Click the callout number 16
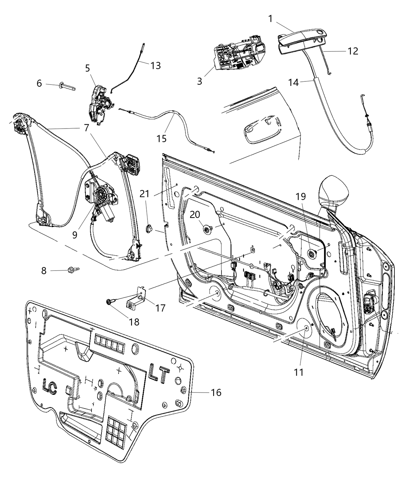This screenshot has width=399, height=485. tap(216, 392)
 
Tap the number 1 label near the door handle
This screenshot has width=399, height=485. tap(271, 18)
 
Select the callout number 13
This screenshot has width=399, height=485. tap(155, 65)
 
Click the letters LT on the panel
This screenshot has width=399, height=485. tap(159, 374)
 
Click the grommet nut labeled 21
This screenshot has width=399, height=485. tap(149, 229)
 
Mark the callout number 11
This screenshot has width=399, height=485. tap(299, 372)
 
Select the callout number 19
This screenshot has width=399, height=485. tap(301, 197)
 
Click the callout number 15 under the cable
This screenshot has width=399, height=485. tap(161, 138)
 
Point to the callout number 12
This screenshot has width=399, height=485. tap(353, 51)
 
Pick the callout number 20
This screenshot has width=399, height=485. tap(195, 215)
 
